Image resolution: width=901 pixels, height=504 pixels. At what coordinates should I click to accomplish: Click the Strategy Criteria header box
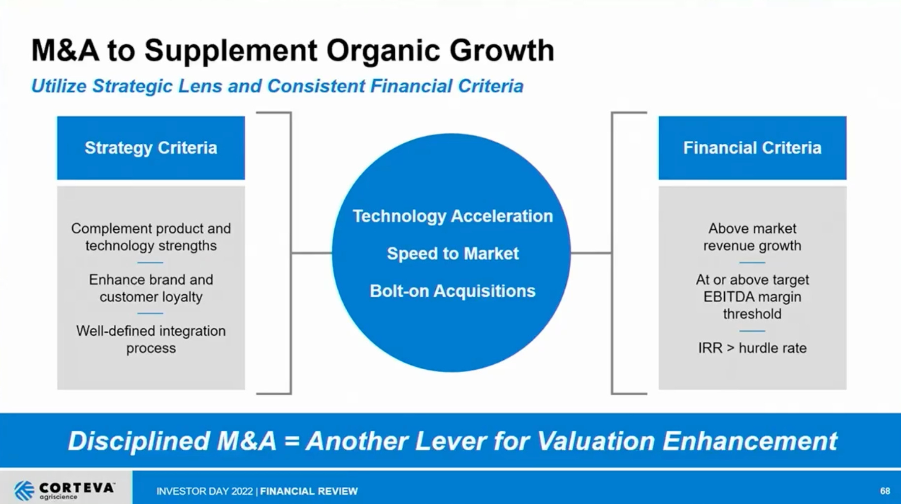[151, 148]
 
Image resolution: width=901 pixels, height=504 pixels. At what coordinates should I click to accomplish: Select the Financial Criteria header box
[752, 148]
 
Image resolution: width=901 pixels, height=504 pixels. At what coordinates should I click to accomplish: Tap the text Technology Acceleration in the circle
[452, 216]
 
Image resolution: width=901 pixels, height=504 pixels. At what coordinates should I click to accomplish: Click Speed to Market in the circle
[452, 253]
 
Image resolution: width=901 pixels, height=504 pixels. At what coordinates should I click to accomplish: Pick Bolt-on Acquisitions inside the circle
[452, 291]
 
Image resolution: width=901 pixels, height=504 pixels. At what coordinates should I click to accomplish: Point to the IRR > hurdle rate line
[752, 348]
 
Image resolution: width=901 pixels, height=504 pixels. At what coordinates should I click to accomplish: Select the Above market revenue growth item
[752, 237]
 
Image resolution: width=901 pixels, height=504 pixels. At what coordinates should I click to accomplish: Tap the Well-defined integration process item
[151, 339]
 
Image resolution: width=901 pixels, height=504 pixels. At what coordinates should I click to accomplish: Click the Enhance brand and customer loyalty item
[151, 288]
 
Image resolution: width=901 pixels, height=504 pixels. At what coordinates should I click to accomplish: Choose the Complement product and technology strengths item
[151, 237]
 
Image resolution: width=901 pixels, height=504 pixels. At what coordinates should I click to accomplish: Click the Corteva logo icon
[24, 490]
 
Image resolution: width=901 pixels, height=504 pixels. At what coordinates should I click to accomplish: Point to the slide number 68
[885, 491]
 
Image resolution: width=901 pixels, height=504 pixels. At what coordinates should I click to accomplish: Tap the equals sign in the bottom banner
[291, 441]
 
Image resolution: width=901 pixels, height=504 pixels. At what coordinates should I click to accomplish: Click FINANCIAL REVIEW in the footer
[309, 491]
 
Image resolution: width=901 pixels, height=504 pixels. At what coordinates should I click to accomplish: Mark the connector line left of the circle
[311, 253]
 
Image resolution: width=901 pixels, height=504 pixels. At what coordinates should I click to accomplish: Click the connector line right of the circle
[591, 253]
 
